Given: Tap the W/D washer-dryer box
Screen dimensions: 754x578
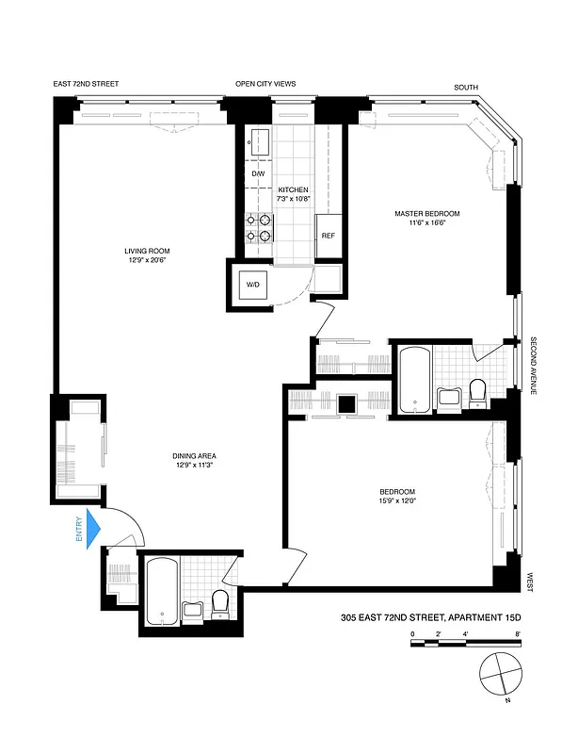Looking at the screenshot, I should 253,284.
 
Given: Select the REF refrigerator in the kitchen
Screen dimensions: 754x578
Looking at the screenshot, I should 328,236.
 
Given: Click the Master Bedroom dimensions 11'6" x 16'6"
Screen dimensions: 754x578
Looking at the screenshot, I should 426,223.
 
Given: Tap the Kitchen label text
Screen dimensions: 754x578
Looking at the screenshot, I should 293,189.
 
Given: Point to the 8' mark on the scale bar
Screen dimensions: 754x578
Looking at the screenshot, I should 519,634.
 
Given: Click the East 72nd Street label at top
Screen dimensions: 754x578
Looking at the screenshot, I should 87,84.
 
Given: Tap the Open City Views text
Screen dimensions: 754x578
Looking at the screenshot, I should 265,84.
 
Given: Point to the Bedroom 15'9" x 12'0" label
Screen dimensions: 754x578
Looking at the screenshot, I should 396,498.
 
